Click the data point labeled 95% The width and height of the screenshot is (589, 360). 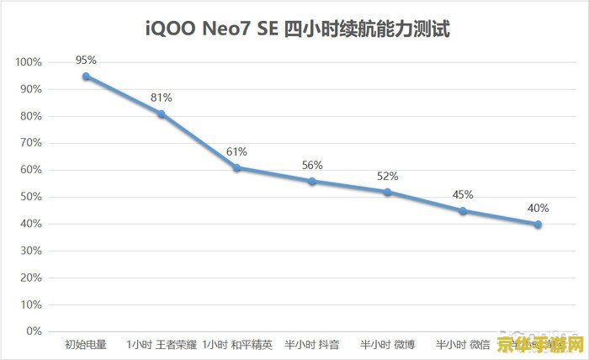point(86,76)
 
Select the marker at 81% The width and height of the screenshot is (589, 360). point(161,114)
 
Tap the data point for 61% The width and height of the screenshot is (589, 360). point(236,167)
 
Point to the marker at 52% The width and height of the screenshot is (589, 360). point(387,192)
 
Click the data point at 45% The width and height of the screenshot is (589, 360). point(462,210)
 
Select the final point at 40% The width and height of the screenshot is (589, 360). point(538,224)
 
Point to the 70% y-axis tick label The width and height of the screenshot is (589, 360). point(30,143)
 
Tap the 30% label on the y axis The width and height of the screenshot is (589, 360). point(30,251)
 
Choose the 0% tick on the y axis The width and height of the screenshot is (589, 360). point(33,331)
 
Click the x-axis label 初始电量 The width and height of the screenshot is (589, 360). point(85,344)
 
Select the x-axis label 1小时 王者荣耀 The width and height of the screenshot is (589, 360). point(161,344)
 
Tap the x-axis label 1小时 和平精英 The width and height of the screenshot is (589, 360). point(237,344)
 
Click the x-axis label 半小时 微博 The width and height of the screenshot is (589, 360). point(387,344)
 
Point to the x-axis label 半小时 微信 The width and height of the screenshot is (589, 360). point(463,344)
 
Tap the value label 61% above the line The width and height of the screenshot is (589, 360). point(236,152)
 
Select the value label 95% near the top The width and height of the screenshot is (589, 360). point(86,60)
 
